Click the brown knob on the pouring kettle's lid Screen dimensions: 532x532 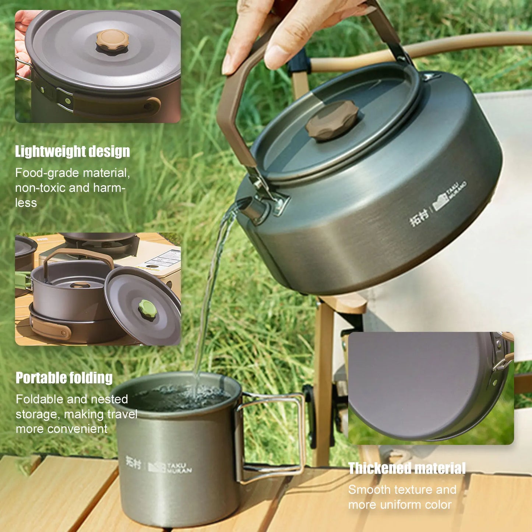point(332,120)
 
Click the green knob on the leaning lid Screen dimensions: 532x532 point(147,310)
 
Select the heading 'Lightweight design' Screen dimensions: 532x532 point(73,152)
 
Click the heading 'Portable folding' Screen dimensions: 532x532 point(64,378)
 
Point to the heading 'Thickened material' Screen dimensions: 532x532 point(407,468)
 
